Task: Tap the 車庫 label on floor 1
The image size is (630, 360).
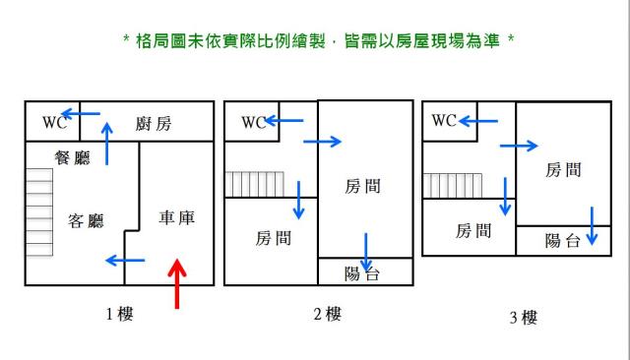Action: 177,217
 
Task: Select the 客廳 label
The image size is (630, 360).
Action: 86,220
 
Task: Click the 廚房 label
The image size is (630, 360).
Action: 154,123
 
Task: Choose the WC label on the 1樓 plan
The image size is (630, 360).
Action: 53,123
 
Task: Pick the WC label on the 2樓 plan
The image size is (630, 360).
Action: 254,123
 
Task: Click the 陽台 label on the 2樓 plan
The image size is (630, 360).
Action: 362,274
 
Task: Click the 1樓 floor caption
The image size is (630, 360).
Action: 119,315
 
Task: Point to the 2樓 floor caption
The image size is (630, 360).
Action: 326,315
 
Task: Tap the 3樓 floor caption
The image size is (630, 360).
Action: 523,317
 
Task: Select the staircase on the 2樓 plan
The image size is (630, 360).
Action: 254,184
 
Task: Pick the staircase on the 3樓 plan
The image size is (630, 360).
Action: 453,184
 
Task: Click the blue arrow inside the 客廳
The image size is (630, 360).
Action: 125,261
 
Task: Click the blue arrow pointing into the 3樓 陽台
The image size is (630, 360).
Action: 593,225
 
